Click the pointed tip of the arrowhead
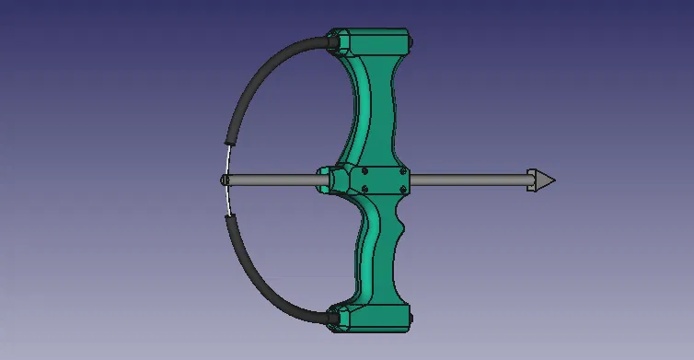554,180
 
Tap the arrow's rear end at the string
225,180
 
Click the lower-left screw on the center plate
366,189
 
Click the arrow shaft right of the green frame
469,180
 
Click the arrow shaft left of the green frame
272,180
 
